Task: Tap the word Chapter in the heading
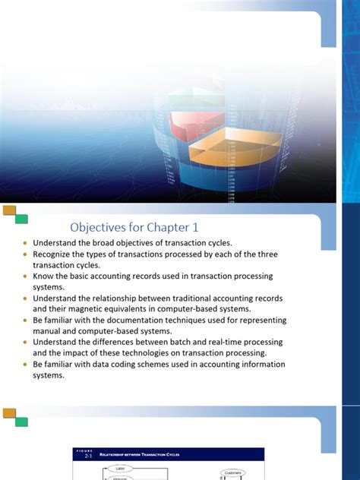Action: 164,226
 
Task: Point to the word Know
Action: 43,276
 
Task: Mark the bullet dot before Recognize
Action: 25,254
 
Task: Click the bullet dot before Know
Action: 25,276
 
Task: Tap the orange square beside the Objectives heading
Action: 9,210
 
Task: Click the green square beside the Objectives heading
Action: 21,219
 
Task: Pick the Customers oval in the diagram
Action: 232,472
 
